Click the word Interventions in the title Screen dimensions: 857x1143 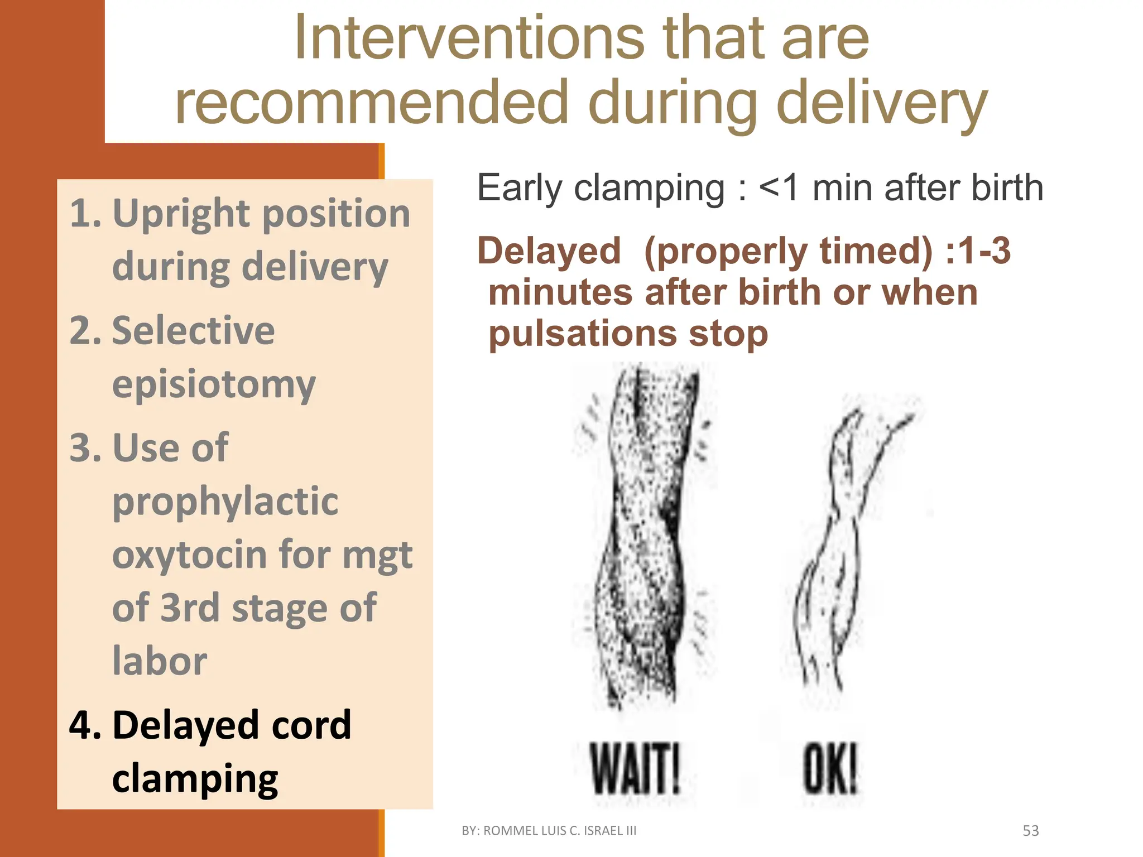pyautogui.click(x=469, y=38)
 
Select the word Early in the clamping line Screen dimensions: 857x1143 pyautogui.click(x=519, y=188)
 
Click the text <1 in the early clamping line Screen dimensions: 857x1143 pyautogui.click(x=779, y=188)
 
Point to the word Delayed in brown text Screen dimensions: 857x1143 pyautogui.click(x=549, y=251)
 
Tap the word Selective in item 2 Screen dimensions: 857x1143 pyautogui.click(x=193, y=330)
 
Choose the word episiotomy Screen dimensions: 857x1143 pyautogui.click(x=214, y=384)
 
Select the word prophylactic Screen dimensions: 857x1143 pyautogui.click(x=225, y=501)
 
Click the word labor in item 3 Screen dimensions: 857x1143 pyautogui.click(x=160, y=661)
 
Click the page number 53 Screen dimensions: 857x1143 pyautogui.click(x=1030, y=831)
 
